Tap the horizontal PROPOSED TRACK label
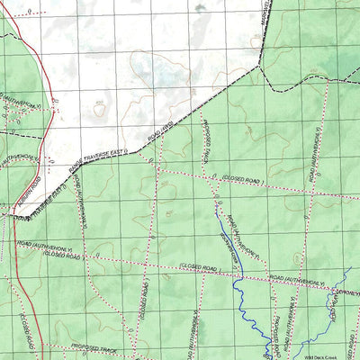coord(95,349)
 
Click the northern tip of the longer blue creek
coord(215,193)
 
